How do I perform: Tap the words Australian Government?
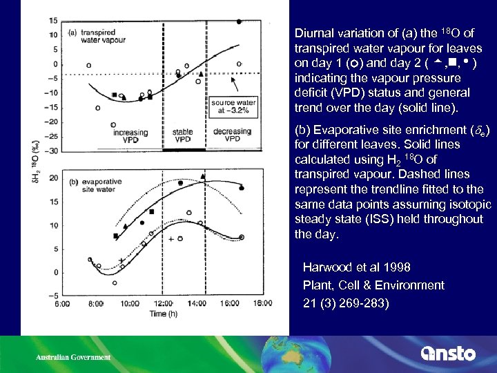pyautogui.click(x=73, y=357)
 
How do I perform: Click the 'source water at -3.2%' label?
pyautogui.click(x=233, y=106)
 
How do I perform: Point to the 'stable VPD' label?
pyautogui.click(x=182, y=135)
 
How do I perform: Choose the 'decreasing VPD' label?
pyautogui.click(x=232, y=135)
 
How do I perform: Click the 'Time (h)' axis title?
pyautogui.click(x=164, y=314)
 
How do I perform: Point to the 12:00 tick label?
pyautogui.click(x=163, y=303)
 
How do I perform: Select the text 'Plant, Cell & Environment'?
pyautogui.click(x=373, y=285)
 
